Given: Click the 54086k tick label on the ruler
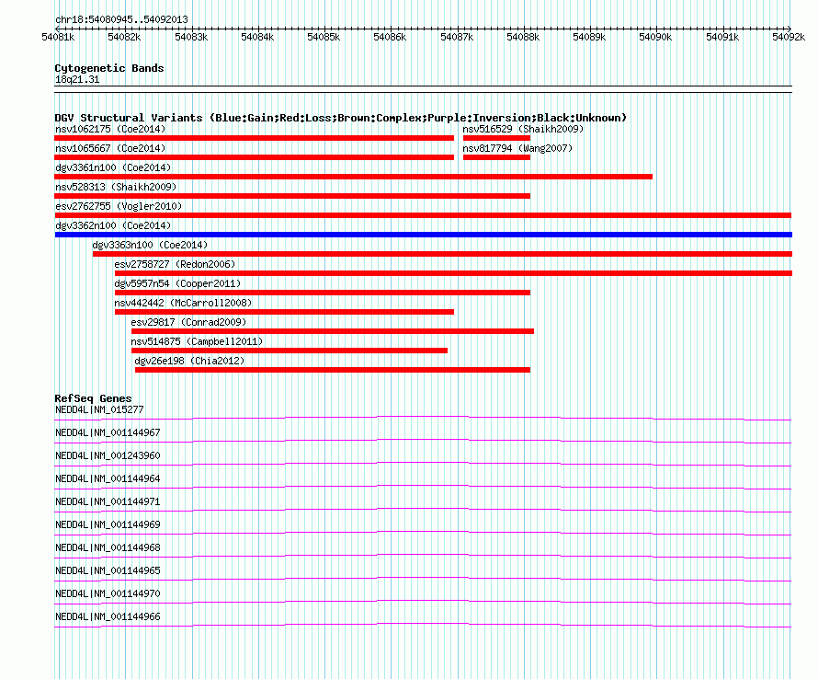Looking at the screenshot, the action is tap(390, 37).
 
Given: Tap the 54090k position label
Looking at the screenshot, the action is tap(655, 37).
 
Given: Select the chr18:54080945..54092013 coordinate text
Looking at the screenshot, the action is tap(121, 20).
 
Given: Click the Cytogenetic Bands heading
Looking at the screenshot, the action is tap(109, 68).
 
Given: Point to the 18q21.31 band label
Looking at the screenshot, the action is tap(77, 79).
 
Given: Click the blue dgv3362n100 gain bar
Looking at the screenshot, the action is tap(424, 235).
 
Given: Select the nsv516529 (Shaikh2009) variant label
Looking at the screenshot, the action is tap(523, 129).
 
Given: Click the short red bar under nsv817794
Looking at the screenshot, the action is tap(496, 157).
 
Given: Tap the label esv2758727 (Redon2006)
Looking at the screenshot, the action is tap(175, 264).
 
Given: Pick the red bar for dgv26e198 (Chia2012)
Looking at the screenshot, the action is tap(333, 370).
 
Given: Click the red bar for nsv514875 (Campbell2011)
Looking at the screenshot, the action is tap(290, 351).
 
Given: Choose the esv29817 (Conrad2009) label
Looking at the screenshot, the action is tap(188, 322).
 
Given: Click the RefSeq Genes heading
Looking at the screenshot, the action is tap(93, 398).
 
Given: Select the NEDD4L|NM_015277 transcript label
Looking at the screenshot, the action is tap(99, 409).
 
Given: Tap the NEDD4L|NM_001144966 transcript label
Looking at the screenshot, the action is tap(108, 616).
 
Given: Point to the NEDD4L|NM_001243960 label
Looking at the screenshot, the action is tap(108, 455).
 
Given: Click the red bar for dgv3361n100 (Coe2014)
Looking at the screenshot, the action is tap(354, 177).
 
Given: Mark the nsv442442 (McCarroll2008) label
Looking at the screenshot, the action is tap(183, 303).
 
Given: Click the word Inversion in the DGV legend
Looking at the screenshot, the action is tap(502, 118).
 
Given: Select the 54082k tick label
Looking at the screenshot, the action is tap(124, 37).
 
